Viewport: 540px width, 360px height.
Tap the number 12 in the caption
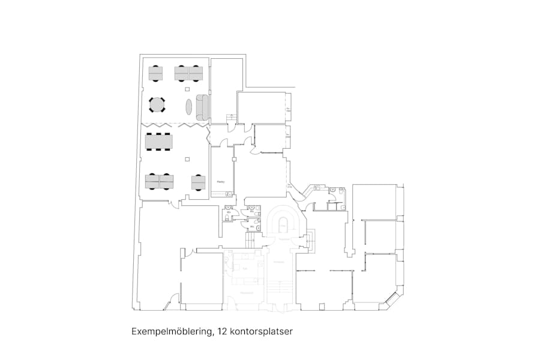221,331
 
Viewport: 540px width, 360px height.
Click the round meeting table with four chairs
157,105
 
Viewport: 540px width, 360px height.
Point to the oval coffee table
189,107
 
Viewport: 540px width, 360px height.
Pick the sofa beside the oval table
202,106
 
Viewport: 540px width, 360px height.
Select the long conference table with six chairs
159,142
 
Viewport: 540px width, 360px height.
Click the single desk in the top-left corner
156,73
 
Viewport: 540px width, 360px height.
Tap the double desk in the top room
188,73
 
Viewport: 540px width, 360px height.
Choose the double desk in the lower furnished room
159,181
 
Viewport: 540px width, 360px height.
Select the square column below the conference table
187,159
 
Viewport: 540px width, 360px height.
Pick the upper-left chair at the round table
150,99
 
